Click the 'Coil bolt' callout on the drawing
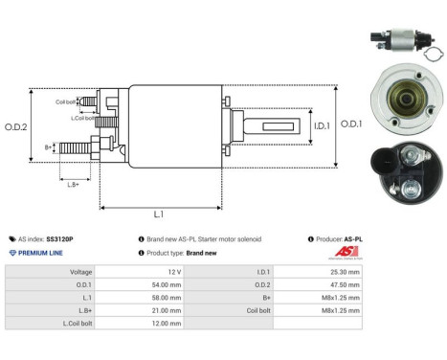66,101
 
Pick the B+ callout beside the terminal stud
48,147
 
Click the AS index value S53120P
60,238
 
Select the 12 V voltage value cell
173,272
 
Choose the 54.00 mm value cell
168,285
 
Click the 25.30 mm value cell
346,272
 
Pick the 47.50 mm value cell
346,285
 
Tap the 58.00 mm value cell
168,298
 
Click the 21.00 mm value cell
168,311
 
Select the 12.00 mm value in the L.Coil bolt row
168,325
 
